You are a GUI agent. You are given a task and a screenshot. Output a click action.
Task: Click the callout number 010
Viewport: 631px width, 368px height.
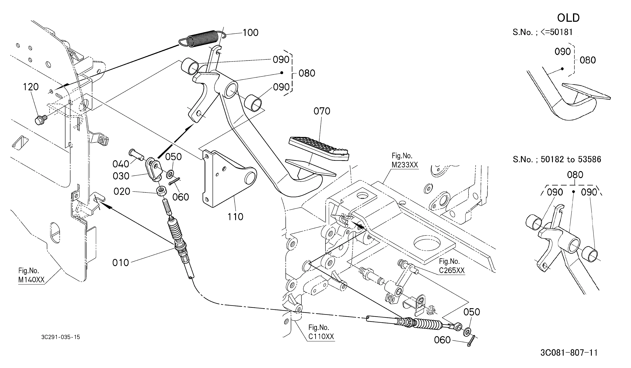121,263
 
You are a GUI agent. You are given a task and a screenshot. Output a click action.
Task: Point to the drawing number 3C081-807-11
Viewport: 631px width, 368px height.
569,353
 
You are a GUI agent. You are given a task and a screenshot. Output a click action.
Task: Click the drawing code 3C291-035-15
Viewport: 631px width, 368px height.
61,337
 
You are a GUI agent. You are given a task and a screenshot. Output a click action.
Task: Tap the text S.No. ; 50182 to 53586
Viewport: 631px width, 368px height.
557,159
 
